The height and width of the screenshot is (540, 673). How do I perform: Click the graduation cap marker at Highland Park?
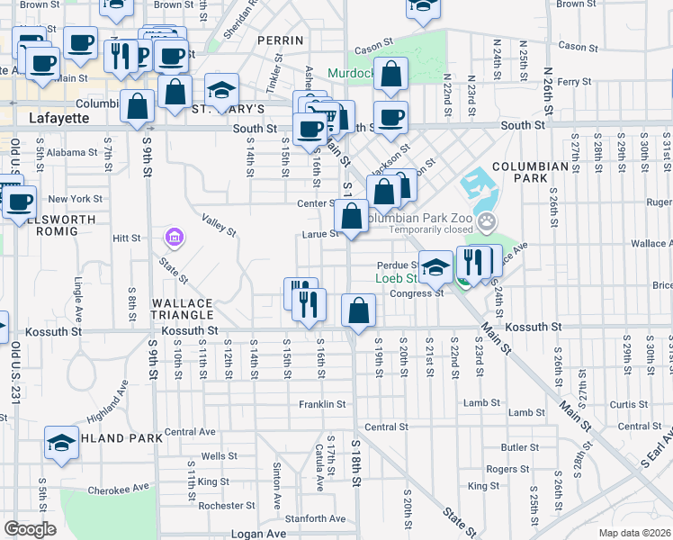(x=61, y=443)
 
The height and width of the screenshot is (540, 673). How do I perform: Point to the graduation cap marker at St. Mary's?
(x=221, y=90)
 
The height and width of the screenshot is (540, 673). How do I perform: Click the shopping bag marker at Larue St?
(x=351, y=216)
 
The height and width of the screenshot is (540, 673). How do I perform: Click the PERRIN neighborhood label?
(x=275, y=40)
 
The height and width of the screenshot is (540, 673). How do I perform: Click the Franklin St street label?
(x=323, y=405)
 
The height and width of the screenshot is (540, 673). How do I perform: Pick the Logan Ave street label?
(x=258, y=533)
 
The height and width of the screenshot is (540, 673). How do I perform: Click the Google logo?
(x=31, y=529)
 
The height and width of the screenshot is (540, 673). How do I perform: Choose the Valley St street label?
(x=219, y=225)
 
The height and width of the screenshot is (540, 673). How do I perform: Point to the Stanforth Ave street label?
(x=315, y=518)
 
